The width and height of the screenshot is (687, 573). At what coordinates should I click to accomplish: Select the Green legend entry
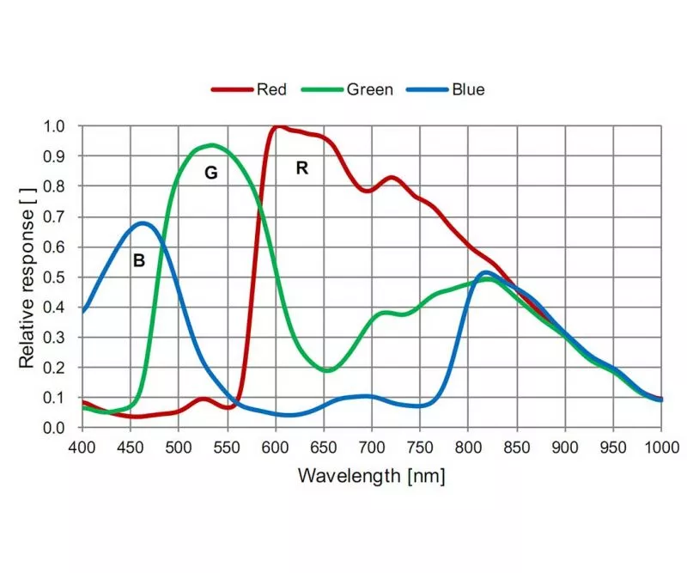point(356,89)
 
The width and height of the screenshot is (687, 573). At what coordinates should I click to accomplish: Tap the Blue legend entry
point(455,89)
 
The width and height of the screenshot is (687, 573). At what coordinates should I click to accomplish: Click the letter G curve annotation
point(210,173)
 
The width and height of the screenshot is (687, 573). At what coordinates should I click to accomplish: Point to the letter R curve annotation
point(301,168)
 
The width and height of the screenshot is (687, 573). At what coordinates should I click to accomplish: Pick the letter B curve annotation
point(138,260)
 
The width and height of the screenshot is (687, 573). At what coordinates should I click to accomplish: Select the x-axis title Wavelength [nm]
point(371,475)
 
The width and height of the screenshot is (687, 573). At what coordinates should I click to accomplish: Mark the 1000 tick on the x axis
point(660,447)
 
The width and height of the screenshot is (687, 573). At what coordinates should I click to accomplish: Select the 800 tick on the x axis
point(468,447)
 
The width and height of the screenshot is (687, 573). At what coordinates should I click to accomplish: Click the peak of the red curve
point(277,127)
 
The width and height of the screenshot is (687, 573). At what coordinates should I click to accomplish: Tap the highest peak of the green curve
point(211,144)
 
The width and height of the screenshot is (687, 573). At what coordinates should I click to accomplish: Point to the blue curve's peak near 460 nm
point(143,223)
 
